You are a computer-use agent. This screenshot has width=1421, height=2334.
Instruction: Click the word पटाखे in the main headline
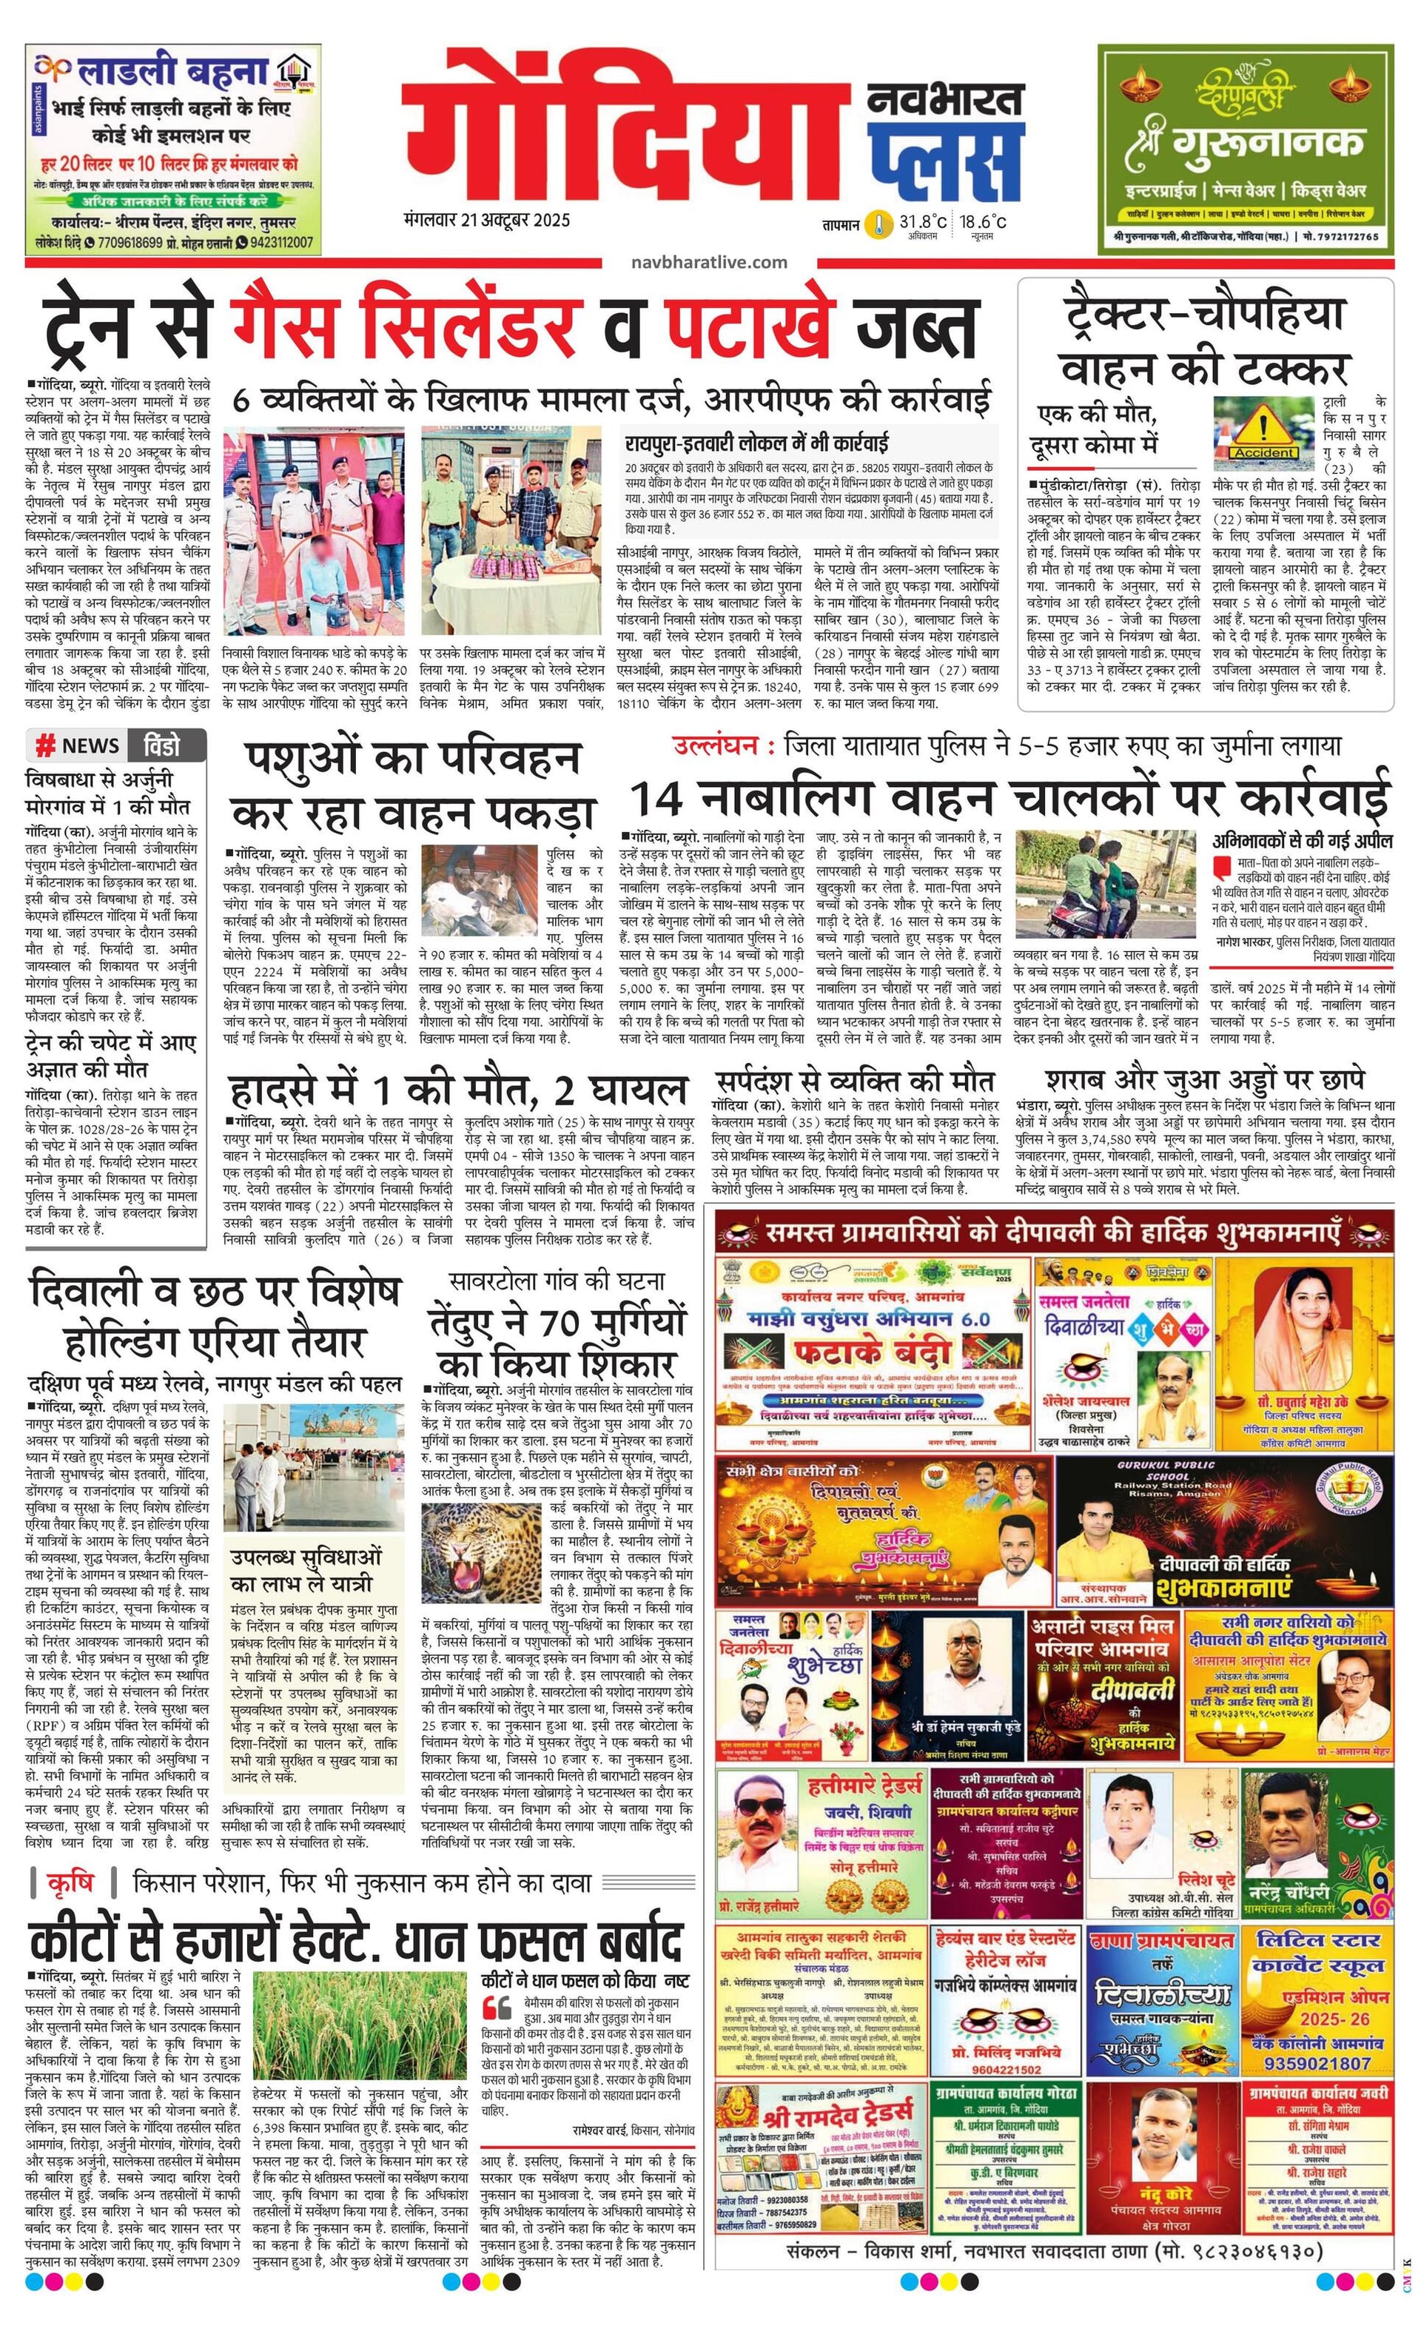748,325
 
